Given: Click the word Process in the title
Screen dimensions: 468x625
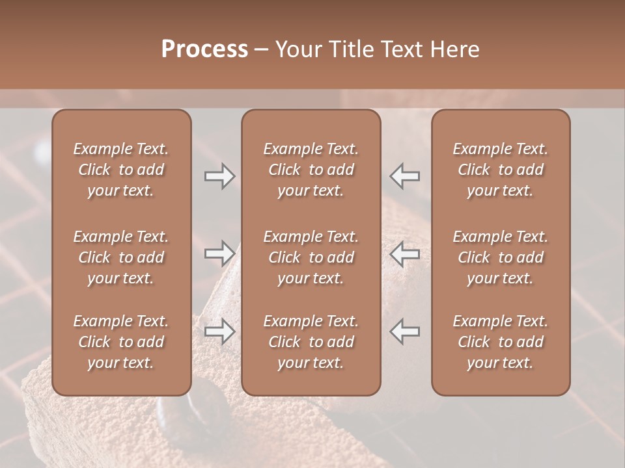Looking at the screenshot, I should (x=204, y=49).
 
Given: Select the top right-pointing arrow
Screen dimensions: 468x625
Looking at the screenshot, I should (x=220, y=176).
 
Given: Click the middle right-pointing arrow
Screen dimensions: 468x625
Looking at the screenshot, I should (x=220, y=253).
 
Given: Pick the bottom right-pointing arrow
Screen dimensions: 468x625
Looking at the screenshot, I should (x=220, y=331).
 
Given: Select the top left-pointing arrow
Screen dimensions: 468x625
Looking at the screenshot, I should (x=405, y=176).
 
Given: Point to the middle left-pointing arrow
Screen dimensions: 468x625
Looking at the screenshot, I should (x=405, y=253).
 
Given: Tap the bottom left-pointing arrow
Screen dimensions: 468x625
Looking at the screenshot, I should (x=405, y=331).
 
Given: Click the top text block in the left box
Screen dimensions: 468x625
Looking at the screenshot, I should (x=121, y=170).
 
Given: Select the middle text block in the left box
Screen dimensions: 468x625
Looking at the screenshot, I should (x=121, y=257).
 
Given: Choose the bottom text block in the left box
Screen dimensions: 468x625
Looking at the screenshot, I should (x=121, y=342).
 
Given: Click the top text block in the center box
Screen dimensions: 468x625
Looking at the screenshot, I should (x=311, y=170).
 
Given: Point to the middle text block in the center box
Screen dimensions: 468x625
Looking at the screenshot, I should (x=311, y=257).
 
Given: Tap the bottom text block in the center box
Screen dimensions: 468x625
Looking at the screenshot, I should (x=311, y=342).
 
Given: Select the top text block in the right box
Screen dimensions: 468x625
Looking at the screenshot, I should (x=500, y=170).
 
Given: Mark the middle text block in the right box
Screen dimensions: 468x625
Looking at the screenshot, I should (x=500, y=257).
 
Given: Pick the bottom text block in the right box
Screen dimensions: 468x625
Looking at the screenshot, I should (x=500, y=342).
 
